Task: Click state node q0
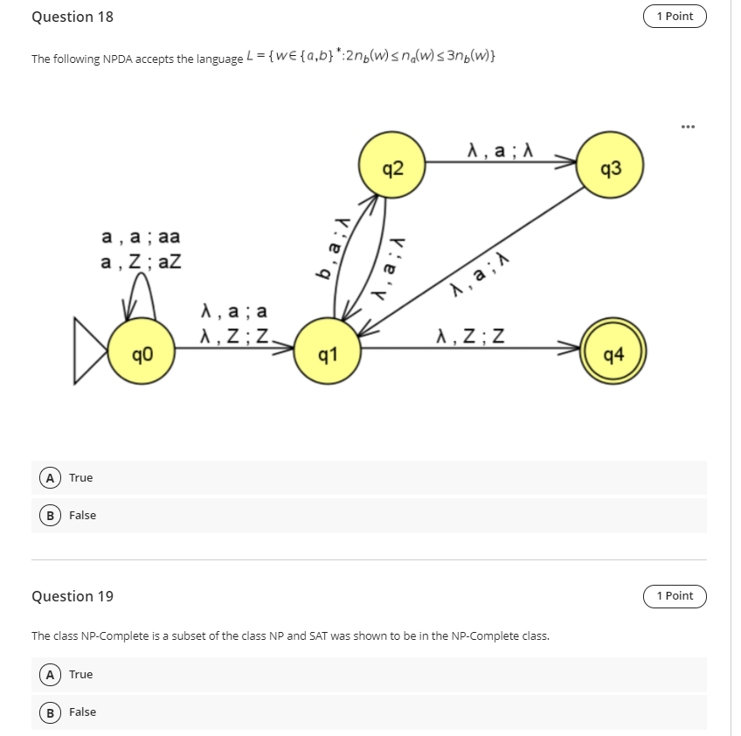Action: (x=142, y=356)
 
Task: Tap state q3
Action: (x=612, y=167)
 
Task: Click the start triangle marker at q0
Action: (x=91, y=356)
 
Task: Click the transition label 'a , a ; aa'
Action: (x=142, y=237)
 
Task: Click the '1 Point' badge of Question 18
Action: (x=674, y=16)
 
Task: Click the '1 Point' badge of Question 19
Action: (x=674, y=595)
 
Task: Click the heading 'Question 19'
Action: (x=73, y=596)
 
